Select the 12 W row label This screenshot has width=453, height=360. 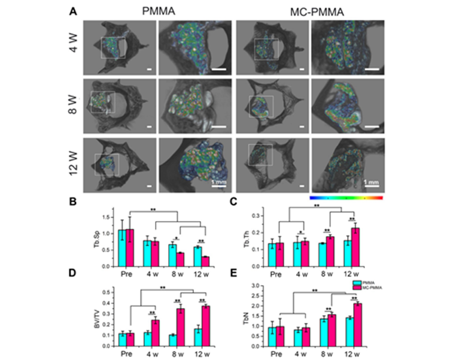[x=73, y=163]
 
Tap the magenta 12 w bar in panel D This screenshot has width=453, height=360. [x=206, y=324]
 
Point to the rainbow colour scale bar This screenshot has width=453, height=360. [x=346, y=196]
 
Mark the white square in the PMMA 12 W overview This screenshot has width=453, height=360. [x=107, y=164]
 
